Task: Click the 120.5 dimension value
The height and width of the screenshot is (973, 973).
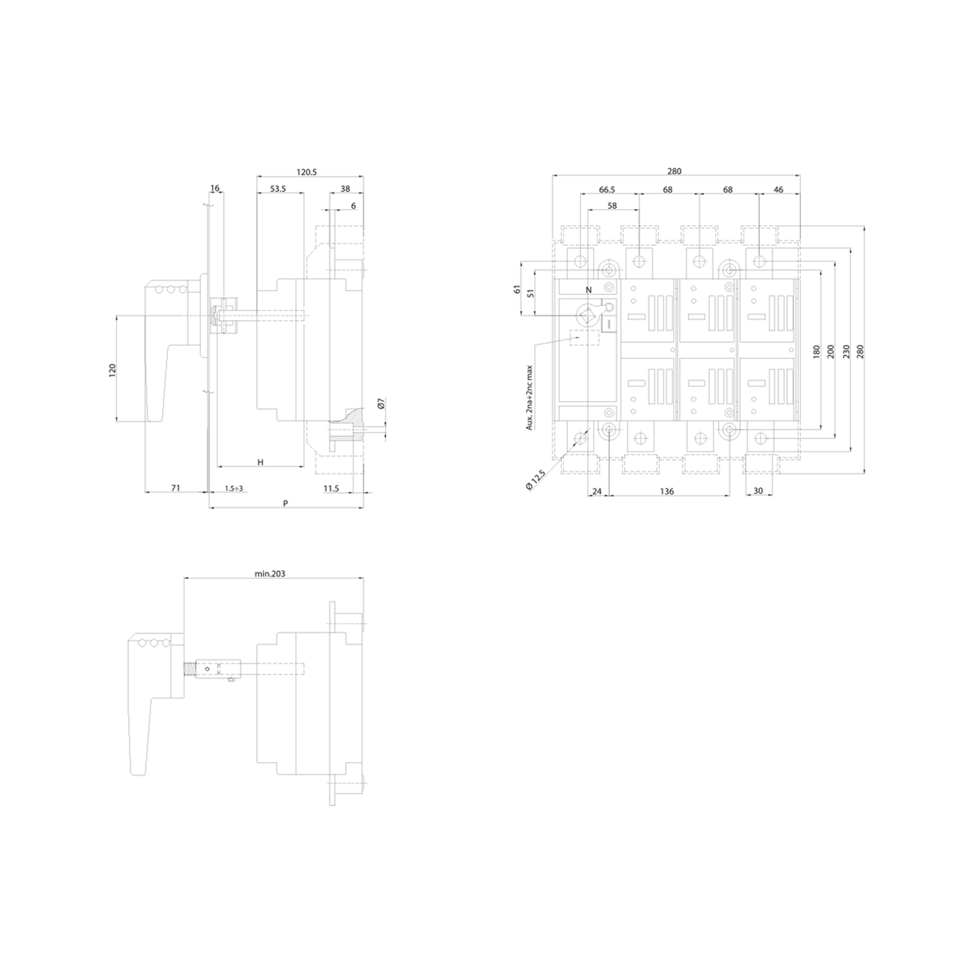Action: tap(306, 172)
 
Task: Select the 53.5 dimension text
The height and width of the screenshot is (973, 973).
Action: tap(278, 189)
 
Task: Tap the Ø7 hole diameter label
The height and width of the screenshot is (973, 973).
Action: tap(381, 403)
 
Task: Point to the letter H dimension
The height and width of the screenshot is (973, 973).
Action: tap(261, 462)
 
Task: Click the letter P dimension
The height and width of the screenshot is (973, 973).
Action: tap(285, 504)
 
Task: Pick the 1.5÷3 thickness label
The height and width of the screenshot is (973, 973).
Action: tap(234, 488)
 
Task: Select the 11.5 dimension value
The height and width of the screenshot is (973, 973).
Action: tap(331, 488)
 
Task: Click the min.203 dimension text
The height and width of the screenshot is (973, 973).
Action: tap(270, 573)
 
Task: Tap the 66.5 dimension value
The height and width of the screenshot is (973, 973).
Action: tap(607, 190)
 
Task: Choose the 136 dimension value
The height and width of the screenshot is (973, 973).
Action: tap(667, 491)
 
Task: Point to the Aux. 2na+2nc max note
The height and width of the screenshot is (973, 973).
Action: tap(529, 398)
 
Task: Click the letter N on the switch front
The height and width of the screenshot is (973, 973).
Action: tap(589, 290)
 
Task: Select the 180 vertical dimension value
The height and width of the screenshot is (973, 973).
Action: tap(817, 352)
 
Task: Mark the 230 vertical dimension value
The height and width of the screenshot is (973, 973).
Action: tap(847, 352)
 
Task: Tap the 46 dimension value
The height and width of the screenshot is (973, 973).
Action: tap(778, 190)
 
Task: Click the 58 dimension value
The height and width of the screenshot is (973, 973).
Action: tap(612, 206)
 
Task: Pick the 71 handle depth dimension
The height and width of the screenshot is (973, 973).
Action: tap(176, 488)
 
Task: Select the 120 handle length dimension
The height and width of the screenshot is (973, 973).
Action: tap(112, 369)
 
